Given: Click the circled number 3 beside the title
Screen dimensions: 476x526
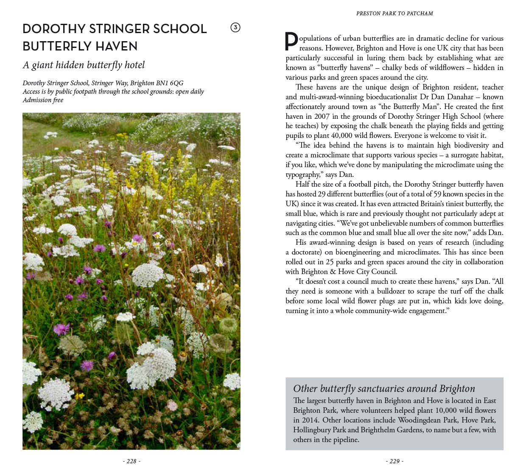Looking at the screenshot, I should tap(235, 28).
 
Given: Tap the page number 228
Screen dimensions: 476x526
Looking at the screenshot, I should tap(131, 461).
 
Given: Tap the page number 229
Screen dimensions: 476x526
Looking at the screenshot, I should tap(394, 461).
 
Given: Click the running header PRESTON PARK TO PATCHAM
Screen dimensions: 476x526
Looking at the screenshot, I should tap(394, 14).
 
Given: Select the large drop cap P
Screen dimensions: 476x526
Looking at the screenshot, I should tap(291, 42).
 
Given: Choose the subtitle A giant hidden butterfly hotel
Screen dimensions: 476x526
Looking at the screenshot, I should tap(84, 65).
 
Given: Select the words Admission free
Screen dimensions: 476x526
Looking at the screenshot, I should tap(43, 100).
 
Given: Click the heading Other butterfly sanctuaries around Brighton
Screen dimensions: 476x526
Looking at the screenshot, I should tap(384, 389).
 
